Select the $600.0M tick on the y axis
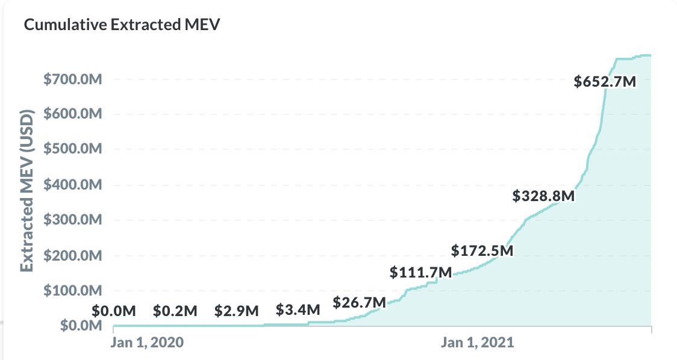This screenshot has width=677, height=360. point(73,114)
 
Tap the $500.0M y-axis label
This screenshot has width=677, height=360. point(73,149)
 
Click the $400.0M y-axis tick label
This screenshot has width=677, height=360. point(73,185)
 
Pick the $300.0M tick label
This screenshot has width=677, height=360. point(73,220)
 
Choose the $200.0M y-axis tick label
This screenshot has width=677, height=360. point(73,256)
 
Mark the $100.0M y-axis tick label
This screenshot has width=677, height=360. point(73,291)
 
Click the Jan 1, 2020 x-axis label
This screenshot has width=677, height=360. point(148,343)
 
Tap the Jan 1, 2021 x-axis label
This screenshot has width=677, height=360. point(477,343)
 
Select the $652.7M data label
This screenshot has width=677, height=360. point(605,81)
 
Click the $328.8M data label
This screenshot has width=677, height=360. point(543,196)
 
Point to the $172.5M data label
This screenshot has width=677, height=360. point(482,250)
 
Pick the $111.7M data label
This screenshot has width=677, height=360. point(420,272)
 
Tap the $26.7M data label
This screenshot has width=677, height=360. point(359,302)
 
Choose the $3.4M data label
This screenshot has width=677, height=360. point(298,311)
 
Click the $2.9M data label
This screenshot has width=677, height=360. point(236,311)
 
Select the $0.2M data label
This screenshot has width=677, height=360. point(175,311)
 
